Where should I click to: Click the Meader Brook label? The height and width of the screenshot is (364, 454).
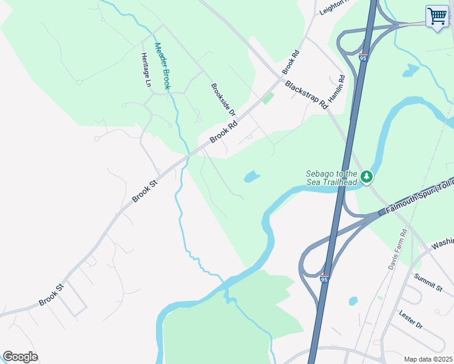tap(163, 66)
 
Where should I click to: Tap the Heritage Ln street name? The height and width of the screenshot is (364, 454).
tap(146, 70)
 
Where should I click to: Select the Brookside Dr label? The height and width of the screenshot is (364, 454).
tap(223, 99)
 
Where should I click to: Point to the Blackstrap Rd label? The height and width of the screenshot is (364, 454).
tap(306, 95)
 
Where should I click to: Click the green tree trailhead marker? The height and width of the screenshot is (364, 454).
tap(366, 177)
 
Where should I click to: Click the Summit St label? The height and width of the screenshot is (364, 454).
tap(429, 281)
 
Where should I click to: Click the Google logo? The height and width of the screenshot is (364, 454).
tap(20, 356)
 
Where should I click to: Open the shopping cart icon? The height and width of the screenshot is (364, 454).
tap(437, 16)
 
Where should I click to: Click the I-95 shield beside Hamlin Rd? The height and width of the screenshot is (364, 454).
tap(362, 58)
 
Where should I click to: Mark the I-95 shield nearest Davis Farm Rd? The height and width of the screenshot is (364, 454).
tap(324, 278)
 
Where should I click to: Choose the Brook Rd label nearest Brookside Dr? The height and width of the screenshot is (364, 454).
tap(224, 132)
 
